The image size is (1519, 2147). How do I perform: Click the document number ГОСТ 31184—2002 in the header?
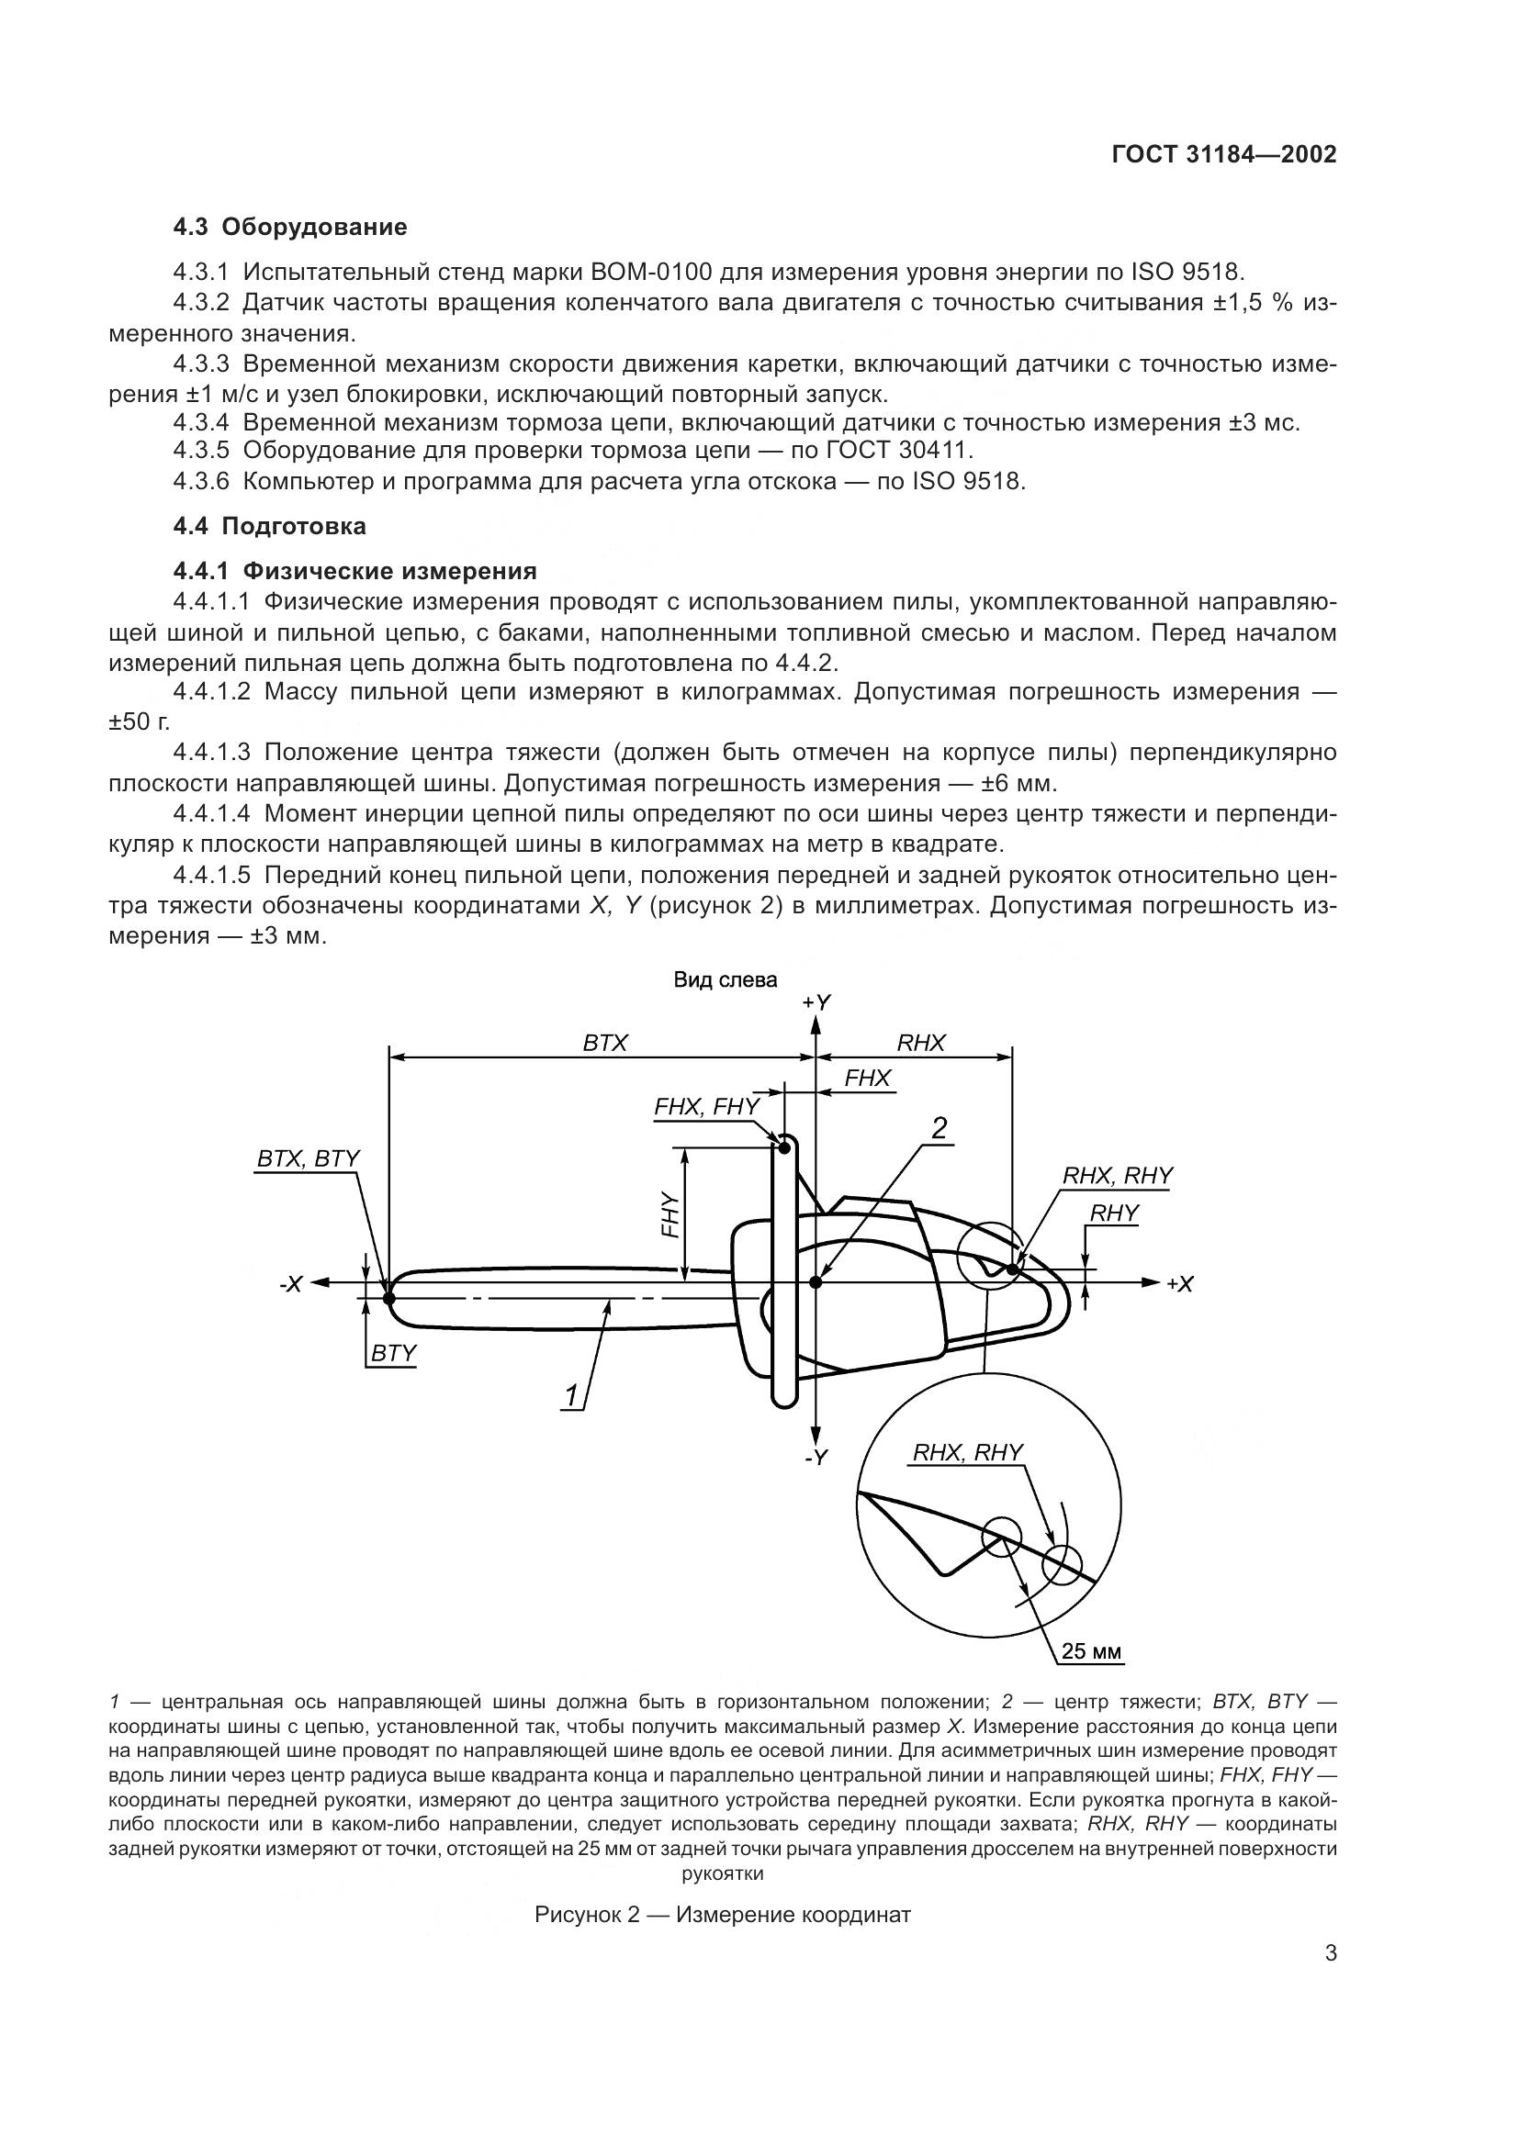(x=1223, y=155)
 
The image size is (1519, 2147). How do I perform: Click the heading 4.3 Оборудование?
(x=290, y=228)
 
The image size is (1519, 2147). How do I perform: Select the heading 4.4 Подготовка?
(x=269, y=527)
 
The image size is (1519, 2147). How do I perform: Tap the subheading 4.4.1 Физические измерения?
(x=354, y=570)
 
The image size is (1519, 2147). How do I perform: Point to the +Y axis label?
(x=816, y=1002)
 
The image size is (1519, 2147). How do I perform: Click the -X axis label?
(x=292, y=1285)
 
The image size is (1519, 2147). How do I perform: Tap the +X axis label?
(x=1180, y=1285)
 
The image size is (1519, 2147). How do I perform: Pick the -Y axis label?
(x=816, y=1457)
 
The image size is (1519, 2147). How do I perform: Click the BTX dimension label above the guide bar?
(x=605, y=1043)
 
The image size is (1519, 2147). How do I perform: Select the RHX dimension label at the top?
(x=921, y=1043)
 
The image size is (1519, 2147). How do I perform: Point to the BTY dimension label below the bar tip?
(x=393, y=1353)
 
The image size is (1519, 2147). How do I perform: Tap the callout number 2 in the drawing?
(x=940, y=1129)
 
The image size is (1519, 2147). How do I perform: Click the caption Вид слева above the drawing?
(x=725, y=980)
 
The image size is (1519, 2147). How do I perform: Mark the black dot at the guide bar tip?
(x=389, y=1297)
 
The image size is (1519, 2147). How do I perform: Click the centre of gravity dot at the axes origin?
(x=816, y=1282)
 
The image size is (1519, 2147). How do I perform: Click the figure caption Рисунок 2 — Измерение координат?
(x=722, y=1914)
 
